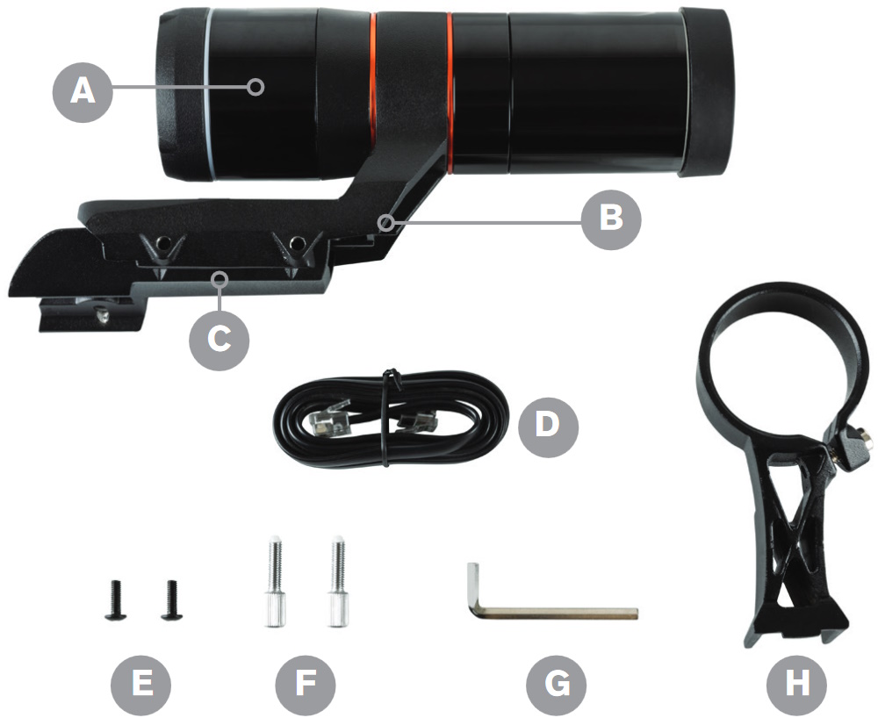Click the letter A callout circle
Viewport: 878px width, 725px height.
(83, 91)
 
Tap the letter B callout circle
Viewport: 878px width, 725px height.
(611, 219)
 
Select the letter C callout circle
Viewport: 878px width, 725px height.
(219, 339)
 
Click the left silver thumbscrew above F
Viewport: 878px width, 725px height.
(274, 581)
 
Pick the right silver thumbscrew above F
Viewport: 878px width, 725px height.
(338, 581)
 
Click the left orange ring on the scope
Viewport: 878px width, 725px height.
(373, 81)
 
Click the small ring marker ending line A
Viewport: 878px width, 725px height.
(256, 87)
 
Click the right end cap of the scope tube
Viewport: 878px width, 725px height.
(706, 92)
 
